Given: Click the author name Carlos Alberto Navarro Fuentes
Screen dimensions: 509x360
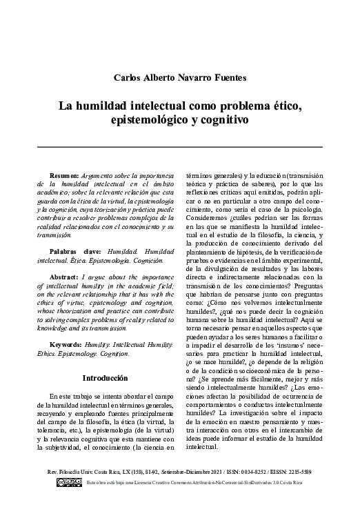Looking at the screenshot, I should [179, 77].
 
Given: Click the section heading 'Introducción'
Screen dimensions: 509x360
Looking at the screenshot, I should [104, 379].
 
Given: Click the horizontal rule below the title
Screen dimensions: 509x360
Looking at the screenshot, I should [179, 147].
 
